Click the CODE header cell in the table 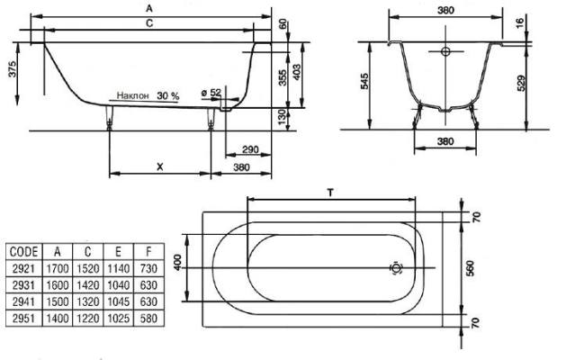pyautogui.click(x=23, y=252)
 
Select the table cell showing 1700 pyautogui.click(x=58, y=268)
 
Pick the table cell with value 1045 pyautogui.click(x=118, y=301)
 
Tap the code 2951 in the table pyautogui.click(x=23, y=318)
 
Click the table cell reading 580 pyautogui.click(x=148, y=318)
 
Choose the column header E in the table pyautogui.click(x=118, y=252)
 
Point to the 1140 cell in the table pyautogui.click(x=118, y=268)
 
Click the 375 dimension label pyautogui.click(x=13, y=69)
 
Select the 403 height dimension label pyautogui.click(x=296, y=73)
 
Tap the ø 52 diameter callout pyautogui.click(x=211, y=93)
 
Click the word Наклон pyautogui.click(x=133, y=95)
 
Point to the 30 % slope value pyautogui.click(x=168, y=95)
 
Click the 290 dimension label pyautogui.click(x=250, y=149)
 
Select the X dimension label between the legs pyautogui.click(x=160, y=166)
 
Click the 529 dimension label pyautogui.click(x=521, y=83)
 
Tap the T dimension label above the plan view pyautogui.click(x=330, y=193)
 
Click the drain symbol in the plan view pyautogui.click(x=396, y=268)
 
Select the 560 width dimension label pyautogui.click(x=470, y=268)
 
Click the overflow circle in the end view pyautogui.click(x=445, y=51)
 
